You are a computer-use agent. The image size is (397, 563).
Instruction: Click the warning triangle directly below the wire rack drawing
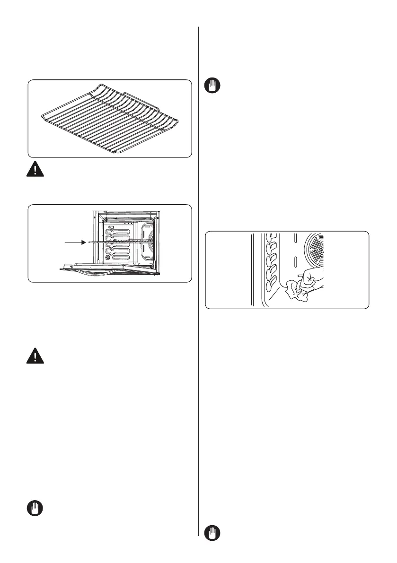click(x=35, y=170)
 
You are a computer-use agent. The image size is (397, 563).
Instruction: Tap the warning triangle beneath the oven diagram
click(x=35, y=355)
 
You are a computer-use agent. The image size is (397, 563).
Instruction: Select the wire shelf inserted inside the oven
click(x=121, y=241)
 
